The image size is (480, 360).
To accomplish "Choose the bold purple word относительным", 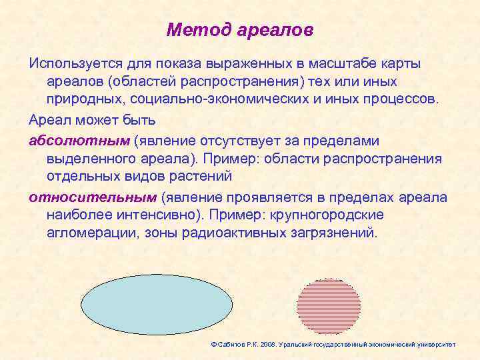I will point(92,198).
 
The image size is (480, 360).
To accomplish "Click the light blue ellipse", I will point(157,304).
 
